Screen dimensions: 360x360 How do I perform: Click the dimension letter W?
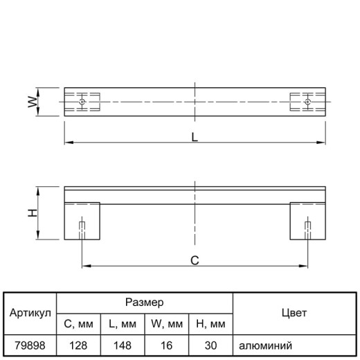(x=33, y=102)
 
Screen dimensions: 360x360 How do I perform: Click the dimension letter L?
(x=195, y=137)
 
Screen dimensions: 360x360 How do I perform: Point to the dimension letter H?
(x=33, y=213)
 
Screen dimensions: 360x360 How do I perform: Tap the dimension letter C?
(x=195, y=260)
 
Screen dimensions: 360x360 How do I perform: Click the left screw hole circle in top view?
(x=82, y=102)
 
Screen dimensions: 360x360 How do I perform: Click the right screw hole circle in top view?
(x=307, y=102)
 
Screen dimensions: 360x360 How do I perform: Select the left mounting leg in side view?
(x=82, y=221)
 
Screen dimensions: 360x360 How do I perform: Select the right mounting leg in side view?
(x=308, y=221)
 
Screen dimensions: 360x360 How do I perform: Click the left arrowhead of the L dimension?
(x=69, y=143)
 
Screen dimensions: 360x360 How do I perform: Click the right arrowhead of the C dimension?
(x=303, y=266)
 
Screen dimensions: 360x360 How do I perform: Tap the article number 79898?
(x=30, y=345)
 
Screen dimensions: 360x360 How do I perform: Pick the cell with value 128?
(x=78, y=345)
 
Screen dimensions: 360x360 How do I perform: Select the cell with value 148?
(x=123, y=345)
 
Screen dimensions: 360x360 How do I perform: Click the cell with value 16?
(x=167, y=345)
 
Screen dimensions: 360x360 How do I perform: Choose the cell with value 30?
(x=210, y=345)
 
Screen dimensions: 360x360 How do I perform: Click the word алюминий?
(x=265, y=345)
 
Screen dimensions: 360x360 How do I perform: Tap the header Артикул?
(x=30, y=313)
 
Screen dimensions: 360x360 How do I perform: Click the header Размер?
(x=145, y=303)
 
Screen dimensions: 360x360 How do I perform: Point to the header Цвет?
(x=294, y=313)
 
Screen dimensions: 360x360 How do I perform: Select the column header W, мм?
(x=167, y=324)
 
